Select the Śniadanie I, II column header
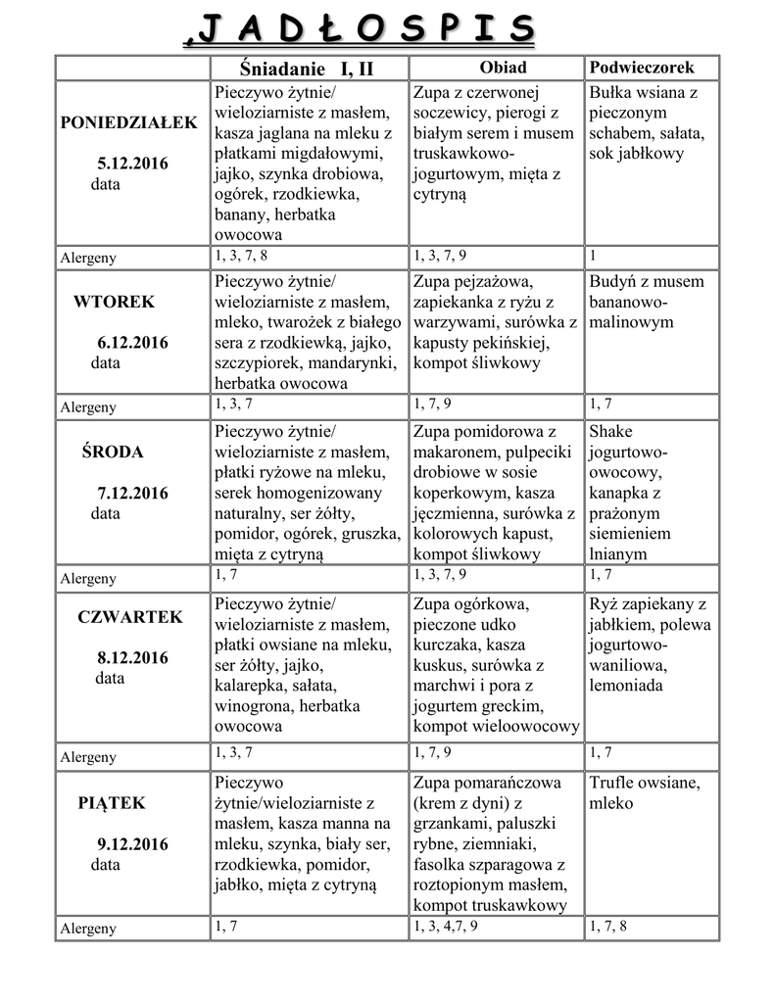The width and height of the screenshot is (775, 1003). click(x=307, y=69)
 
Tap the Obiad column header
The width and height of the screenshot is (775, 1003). click(x=502, y=68)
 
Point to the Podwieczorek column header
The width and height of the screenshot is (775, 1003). click(x=641, y=68)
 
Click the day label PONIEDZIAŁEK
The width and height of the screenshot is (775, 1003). click(x=128, y=122)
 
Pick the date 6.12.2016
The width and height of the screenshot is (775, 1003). click(x=132, y=343)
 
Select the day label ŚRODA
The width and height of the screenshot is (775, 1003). click(x=112, y=452)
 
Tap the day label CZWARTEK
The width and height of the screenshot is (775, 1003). click(x=129, y=617)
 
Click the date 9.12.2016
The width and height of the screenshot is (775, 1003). click(x=132, y=843)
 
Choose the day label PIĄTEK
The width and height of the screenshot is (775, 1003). click(x=112, y=803)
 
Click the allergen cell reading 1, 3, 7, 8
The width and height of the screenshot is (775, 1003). click(x=240, y=256)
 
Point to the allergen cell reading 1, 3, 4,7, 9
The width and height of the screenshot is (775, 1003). click(x=446, y=926)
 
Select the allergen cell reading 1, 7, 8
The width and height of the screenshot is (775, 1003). click(x=607, y=926)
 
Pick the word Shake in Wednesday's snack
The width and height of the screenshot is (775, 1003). click(x=611, y=432)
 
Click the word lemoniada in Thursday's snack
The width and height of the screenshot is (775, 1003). click(x=627, y=686)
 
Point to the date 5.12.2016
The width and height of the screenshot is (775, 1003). click(x=132, y=164)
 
